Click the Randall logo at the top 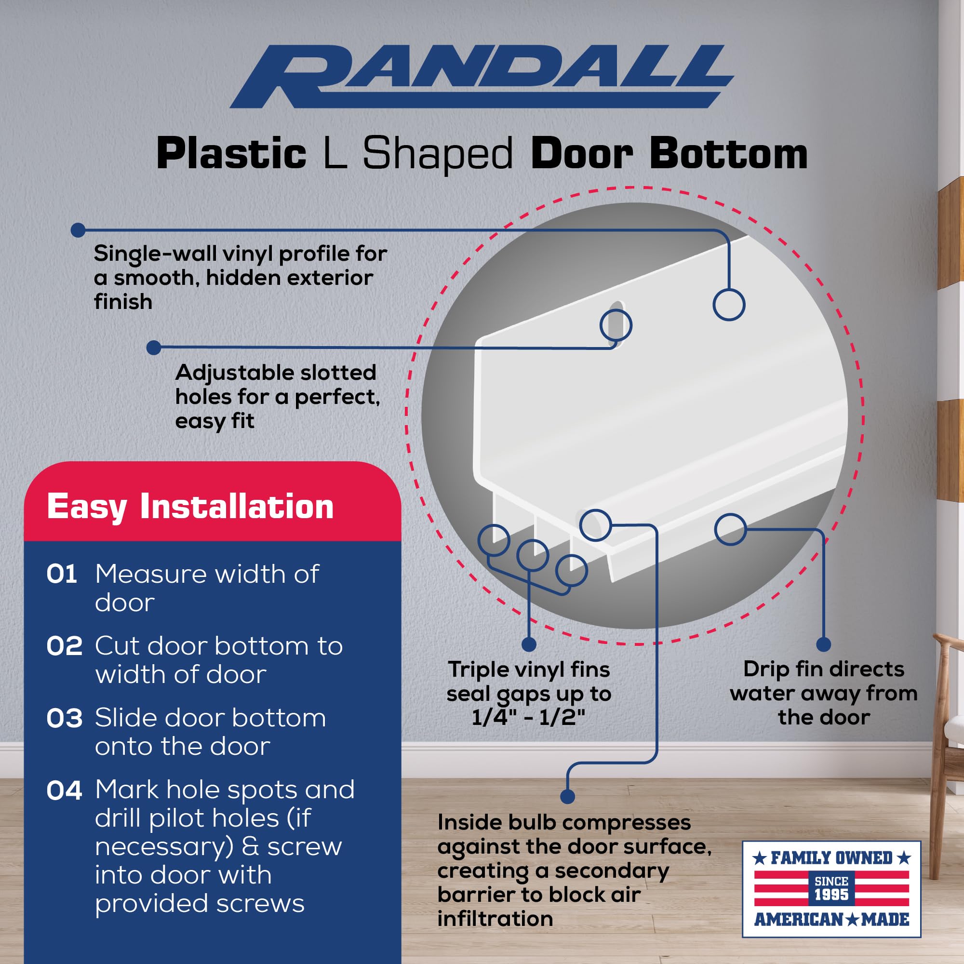point(482,76)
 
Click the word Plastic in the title point(231,154)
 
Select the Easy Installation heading point(190,507)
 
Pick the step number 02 point(65,646)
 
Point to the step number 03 point(65,718)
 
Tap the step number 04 point(65,790)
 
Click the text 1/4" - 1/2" point(528,717)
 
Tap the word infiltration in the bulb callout point(495,919)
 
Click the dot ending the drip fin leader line point(824,644)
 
